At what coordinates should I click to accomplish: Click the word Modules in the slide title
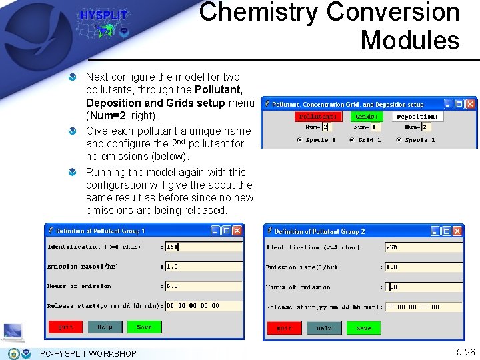coord(410,40)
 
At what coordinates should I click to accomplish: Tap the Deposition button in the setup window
coord(417,116)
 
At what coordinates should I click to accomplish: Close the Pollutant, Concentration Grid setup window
coord(471,104)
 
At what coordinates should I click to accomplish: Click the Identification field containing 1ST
coord(203,247)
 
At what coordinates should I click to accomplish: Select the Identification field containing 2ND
coord(423,247)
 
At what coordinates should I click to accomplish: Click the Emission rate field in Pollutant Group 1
coord(203,267)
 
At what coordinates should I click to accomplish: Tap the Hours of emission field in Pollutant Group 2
coord(423,287)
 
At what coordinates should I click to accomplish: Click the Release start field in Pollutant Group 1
coord(203,306)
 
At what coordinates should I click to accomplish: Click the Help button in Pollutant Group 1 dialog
coord(105,327)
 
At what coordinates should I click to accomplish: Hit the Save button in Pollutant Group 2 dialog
coord(363,328)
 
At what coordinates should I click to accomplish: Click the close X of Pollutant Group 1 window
coord(237,231)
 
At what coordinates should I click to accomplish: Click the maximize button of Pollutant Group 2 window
coord(445,231)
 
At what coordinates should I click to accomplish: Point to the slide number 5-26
coord(465,351)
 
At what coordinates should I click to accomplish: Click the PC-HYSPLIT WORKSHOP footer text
coord(88,353)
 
